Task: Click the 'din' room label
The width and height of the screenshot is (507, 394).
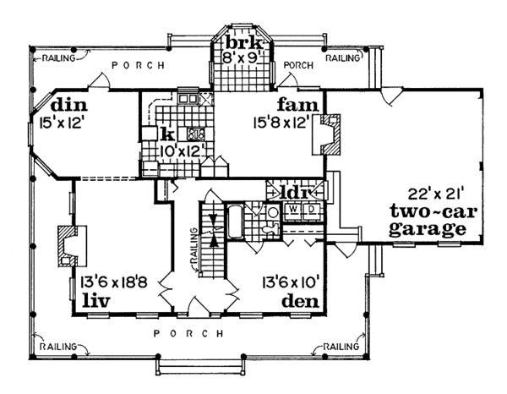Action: click(x=69, y=105)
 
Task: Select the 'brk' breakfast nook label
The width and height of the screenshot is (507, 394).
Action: click(x=243, y=42)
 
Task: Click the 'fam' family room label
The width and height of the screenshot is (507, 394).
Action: click(x=297, y=105)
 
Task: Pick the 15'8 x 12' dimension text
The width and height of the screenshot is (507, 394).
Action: click(x=280, y=123)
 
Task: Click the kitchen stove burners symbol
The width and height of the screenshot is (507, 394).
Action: click(x=196, y=134)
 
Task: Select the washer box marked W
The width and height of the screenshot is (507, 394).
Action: click(x=293, y=210)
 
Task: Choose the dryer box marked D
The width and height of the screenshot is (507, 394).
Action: click(x=311, y=210)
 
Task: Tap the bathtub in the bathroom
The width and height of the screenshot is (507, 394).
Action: click(x=235, y=222)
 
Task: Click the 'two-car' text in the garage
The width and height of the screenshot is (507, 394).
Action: click(x=433, y=211)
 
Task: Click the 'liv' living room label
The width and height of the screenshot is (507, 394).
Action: click(x=96, y=300)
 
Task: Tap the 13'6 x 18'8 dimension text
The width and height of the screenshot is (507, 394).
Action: click(x=114, y=282)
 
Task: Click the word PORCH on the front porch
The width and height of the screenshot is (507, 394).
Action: click(x=188, y=333)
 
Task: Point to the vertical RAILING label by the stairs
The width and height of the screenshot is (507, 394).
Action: click(x=194, y=245)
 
